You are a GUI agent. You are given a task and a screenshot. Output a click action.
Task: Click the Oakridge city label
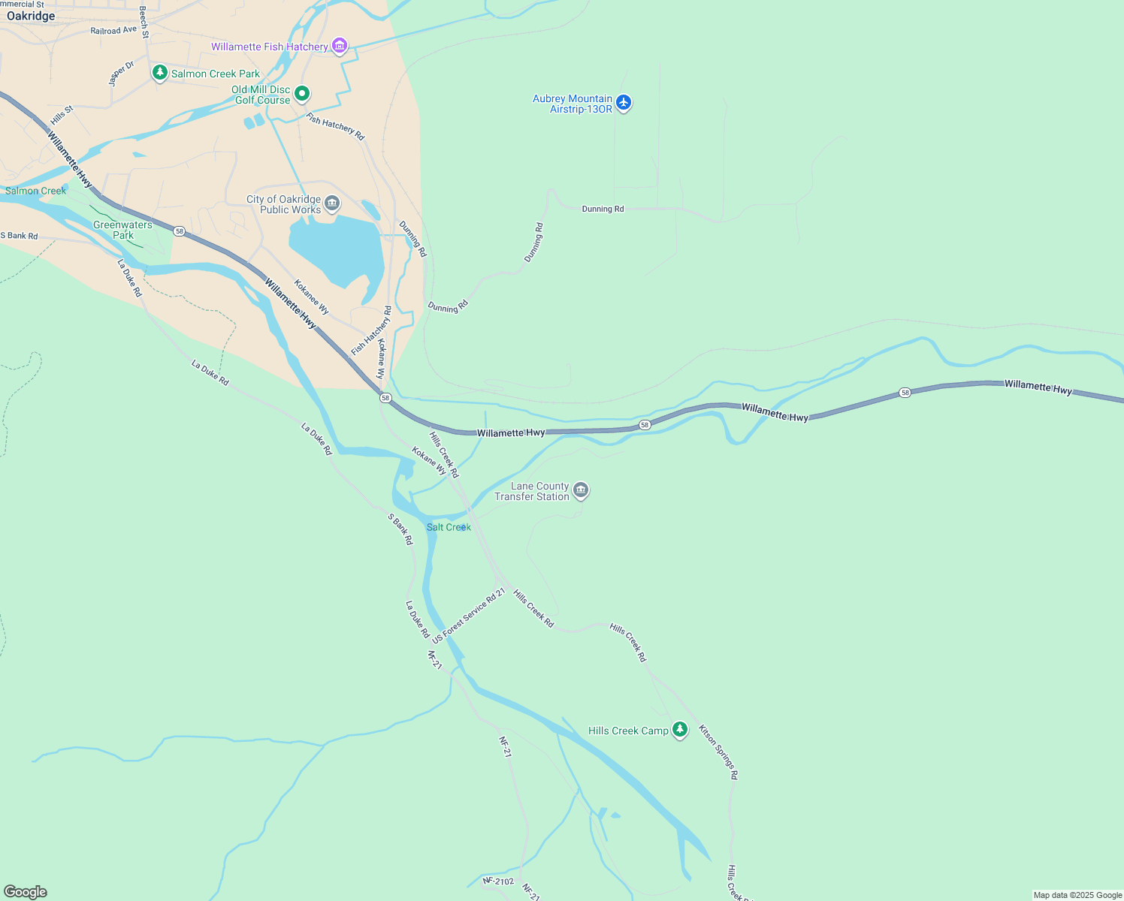point(31,16)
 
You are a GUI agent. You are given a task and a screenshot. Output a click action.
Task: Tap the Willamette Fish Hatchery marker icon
point(340,47)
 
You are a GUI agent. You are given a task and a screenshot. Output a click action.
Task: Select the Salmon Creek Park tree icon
point(159,73)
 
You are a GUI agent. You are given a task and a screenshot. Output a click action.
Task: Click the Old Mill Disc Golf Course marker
point(302,94)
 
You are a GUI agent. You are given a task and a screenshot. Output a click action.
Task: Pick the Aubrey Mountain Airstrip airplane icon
point(624,103)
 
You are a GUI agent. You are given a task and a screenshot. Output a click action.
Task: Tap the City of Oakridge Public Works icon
point(332,203)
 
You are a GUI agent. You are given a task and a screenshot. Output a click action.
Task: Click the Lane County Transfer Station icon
point(580,491)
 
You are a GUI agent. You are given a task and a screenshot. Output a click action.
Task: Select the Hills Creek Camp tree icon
point(680,730)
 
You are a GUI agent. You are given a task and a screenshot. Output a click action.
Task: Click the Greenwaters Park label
point(122,230)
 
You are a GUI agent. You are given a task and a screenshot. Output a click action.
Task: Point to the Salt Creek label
point(449,527)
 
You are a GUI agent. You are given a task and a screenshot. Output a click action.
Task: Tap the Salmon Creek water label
point(36,191)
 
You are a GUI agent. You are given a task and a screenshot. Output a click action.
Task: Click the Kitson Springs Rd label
point(718,752)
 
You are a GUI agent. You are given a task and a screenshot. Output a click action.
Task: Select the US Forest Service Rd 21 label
point(469,616)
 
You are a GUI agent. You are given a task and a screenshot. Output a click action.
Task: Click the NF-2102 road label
point(498,881)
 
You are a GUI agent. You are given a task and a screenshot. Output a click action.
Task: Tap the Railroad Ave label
point(113,31)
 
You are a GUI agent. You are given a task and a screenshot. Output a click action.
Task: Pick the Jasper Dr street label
point(121,74)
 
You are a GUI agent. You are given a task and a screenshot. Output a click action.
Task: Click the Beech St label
point(144,23)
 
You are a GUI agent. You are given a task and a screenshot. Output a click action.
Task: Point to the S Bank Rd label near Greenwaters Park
point(19,236)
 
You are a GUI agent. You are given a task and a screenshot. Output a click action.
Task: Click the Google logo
point(26,891)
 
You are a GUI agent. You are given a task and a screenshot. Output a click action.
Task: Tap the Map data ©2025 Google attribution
point(1077,895)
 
